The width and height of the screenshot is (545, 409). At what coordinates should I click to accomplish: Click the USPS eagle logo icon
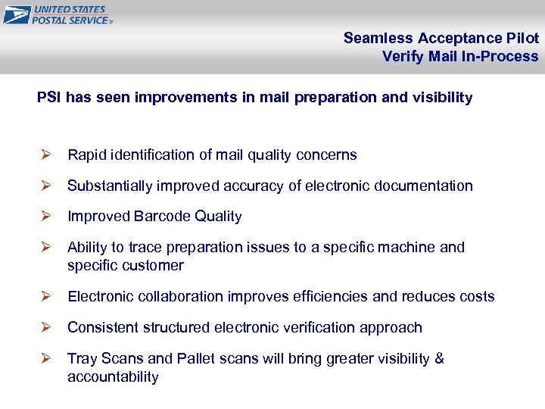coord(16,14)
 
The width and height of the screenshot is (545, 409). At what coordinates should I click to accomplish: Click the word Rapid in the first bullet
coord(86,155)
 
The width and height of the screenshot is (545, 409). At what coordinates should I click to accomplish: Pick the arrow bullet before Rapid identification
coord(45,155)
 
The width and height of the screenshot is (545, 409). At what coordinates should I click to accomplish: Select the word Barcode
coord(161,217)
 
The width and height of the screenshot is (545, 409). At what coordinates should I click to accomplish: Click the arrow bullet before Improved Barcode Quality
coord(45,217)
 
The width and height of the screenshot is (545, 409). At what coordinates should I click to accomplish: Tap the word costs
coord(477,297)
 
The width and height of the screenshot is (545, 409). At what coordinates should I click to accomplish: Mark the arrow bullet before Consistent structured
coord(45,328)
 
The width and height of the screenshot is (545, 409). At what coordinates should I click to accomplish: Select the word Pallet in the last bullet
coord(197,359)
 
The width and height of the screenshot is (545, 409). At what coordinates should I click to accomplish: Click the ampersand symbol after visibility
coord(439,359)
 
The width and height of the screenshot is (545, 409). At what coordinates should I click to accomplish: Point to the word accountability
coord(113,377)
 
